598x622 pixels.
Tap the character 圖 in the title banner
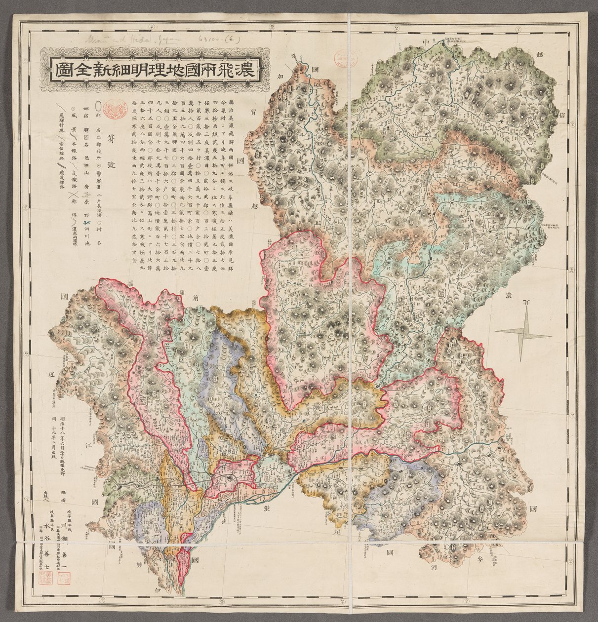point(62,69)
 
